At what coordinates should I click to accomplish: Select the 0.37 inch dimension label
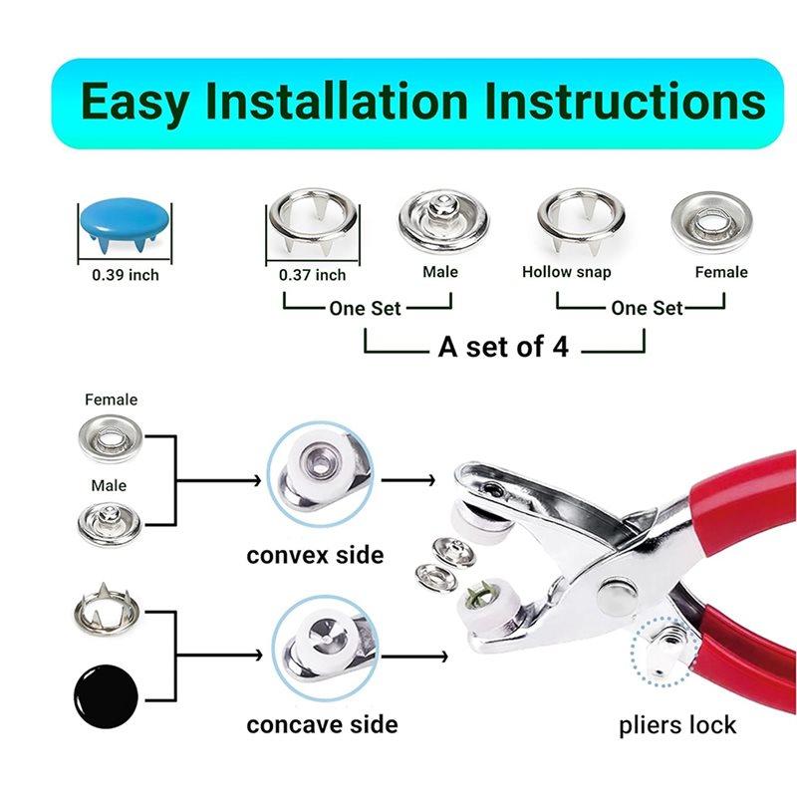tap(313, 275)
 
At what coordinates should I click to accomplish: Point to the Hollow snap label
tap(567, 272)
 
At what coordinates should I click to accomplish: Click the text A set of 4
tap(503, 348)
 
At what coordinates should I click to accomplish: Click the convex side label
tap(315, 554)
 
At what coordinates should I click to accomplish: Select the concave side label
tap(322, 724)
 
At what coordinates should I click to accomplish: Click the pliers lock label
tap(676, 724)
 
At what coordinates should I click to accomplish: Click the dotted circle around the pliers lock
tap(664, 649)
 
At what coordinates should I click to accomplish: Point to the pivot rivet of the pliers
tap(613, 598)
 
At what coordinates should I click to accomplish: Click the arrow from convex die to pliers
tap(408, 479)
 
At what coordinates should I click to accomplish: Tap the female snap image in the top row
tap(709, 220)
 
